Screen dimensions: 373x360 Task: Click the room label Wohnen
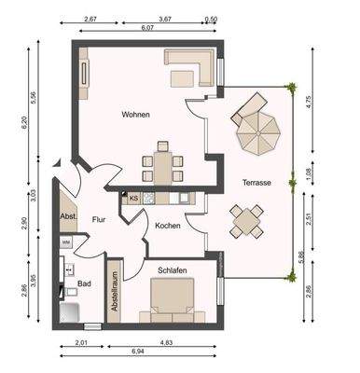(135, 115)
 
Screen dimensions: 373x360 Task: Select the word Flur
(98, 220)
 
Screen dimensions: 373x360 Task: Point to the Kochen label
(168, 226)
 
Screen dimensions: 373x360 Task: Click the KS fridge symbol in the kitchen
(133, 199)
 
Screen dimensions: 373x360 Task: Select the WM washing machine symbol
(66, 242)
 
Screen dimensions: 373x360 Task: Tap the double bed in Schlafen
(173, 300)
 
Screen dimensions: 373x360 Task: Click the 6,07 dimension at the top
(148, 28)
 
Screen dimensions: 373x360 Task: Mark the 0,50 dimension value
(211, 19)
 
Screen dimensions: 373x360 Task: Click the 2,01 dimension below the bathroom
(82, 344)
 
